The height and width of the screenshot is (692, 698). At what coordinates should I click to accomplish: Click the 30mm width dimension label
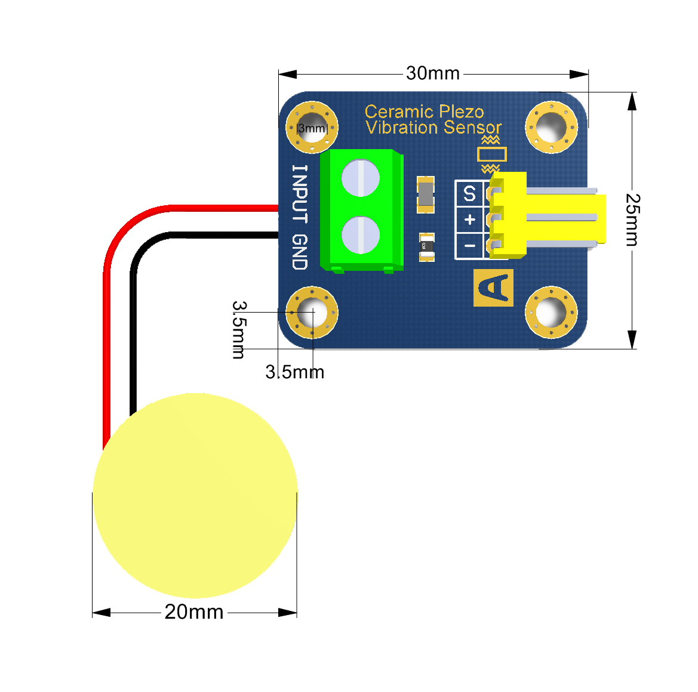point(433,73)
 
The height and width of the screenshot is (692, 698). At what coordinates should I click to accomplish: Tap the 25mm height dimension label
point(632,220)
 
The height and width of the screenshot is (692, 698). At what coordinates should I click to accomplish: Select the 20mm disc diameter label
point(194,612)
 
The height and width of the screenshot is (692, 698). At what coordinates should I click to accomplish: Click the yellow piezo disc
point(195,495)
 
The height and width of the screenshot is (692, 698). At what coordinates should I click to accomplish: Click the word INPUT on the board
point(300,194)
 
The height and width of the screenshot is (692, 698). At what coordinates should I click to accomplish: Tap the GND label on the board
point(300,252)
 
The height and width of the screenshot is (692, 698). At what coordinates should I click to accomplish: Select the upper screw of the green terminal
point(361,178)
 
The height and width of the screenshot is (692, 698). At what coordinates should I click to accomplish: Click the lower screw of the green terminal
point(361,234)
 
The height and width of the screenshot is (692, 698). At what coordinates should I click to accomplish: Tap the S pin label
point(469,194)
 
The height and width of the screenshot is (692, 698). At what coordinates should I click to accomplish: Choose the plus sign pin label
point(469,220)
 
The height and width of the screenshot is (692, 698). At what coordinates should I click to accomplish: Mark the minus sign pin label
point(469,246)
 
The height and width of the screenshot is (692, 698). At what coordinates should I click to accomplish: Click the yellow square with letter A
point(493,288)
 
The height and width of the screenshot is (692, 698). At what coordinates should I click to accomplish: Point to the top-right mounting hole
point(551,127)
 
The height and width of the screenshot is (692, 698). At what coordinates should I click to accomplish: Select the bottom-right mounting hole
point(551,312)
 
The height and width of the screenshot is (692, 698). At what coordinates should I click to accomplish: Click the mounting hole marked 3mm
point(312,128)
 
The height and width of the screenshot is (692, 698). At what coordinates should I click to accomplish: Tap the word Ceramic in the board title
point(398,112)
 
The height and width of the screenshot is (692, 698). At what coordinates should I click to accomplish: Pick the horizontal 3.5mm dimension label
point(294,372)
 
